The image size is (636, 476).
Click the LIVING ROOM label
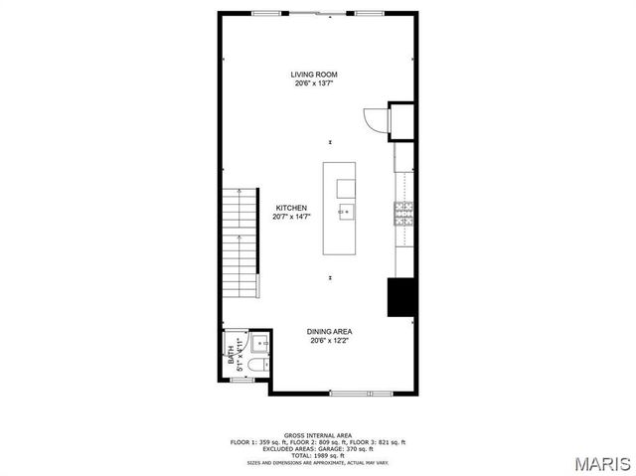point(314,75)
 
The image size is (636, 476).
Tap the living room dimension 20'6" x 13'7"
point(314,83)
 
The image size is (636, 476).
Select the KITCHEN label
point(291,208)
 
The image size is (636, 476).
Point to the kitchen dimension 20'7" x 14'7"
point(291,217)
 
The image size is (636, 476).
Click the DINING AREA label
point(329,332)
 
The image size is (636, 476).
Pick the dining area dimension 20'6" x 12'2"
point(329,341)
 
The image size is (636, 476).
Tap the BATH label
point(232,352)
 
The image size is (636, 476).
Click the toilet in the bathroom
point(255,367)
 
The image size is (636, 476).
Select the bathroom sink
point(258,344)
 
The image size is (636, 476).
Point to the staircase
point(239,243)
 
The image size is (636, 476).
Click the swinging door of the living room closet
point(376,119)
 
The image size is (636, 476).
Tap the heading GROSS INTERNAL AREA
point(318,435)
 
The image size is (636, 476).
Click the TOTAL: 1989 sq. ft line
point(318,453)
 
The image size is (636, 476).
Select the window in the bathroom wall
point(243,380)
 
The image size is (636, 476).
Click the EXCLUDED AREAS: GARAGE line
point(318,447)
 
